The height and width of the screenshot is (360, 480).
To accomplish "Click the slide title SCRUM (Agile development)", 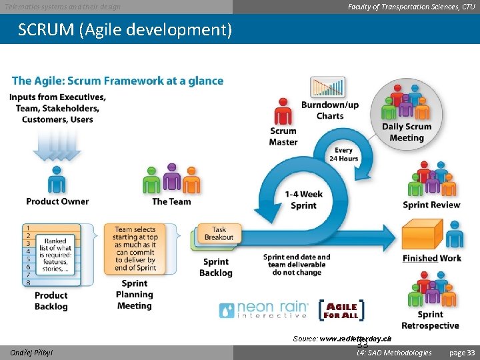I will [125, 30].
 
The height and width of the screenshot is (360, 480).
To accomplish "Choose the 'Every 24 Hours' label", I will [344, 155].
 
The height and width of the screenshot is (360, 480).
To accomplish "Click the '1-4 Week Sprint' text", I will [303, 200].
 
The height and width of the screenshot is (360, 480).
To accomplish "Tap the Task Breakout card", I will [219, 234].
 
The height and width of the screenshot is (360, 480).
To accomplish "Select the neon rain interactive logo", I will [264, 310].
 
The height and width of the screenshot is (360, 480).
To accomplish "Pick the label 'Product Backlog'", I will [51, 301].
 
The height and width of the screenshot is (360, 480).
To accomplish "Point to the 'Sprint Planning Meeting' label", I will [134, 295].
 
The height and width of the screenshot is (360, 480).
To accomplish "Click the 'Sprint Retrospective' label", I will [430, 320].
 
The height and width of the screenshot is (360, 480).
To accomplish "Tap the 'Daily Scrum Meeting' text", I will [406, 132].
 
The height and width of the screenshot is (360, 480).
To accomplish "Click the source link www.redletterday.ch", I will [355, 339].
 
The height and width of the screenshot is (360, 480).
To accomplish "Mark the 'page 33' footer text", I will [461, 353].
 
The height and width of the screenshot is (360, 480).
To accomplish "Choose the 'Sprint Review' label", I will [431, 205].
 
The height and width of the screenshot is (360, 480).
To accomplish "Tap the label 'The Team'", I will [171, 201].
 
